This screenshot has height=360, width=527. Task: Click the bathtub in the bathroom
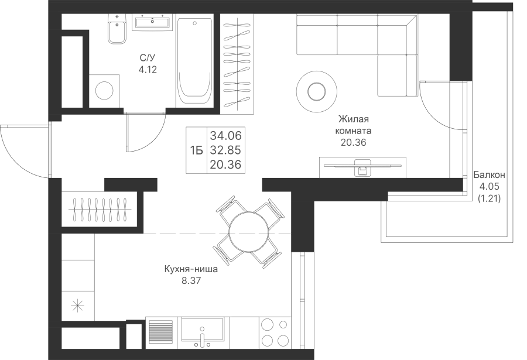coord(194,61)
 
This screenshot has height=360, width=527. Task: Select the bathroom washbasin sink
coord(153,22)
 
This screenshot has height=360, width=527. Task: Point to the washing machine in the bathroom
coord(105,91)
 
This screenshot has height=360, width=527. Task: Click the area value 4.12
coord(148,70)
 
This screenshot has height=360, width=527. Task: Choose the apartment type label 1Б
coord(197,151)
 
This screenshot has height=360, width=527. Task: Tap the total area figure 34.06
coord(226,136)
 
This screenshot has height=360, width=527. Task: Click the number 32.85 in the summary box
coord(226,150)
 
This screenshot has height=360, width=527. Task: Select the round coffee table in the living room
coord(317,91)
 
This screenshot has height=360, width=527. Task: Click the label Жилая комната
coord(354,125)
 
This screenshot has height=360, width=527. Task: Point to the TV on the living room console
coord(362,166)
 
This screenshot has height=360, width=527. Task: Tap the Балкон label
coord(490,175)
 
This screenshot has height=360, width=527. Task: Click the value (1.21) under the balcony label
coord(490,198)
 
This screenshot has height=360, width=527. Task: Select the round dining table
coord(249,232)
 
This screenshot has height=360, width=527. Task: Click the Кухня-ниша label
coord(191,269)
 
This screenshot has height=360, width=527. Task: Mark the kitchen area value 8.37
coord(191,280)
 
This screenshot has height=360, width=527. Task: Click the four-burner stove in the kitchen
coord(275,332)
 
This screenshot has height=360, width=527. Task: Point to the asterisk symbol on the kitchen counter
coord(78,306)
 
